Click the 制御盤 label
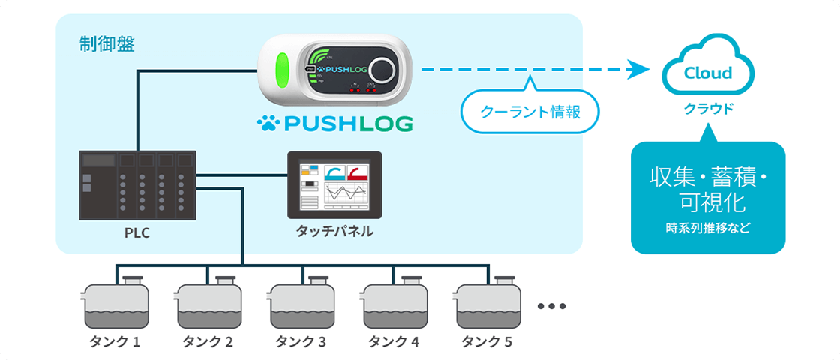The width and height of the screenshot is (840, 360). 107,44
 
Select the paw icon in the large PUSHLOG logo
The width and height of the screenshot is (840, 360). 268,123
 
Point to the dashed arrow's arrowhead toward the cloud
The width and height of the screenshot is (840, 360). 639,70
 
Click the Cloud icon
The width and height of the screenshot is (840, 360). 707,69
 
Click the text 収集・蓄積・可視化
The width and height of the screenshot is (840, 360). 707,190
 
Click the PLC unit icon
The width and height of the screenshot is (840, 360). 137,185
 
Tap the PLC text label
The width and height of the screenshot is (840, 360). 137,232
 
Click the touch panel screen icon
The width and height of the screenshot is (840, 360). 334,184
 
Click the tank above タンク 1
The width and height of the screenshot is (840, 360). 115,304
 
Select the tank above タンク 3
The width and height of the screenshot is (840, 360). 301,304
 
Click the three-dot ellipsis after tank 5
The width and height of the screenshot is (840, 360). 551,306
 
